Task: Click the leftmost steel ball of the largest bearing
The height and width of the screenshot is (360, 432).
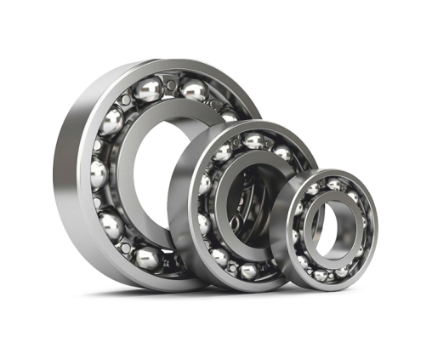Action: point(99,174)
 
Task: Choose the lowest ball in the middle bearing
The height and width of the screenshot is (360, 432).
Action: point(247,271)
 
